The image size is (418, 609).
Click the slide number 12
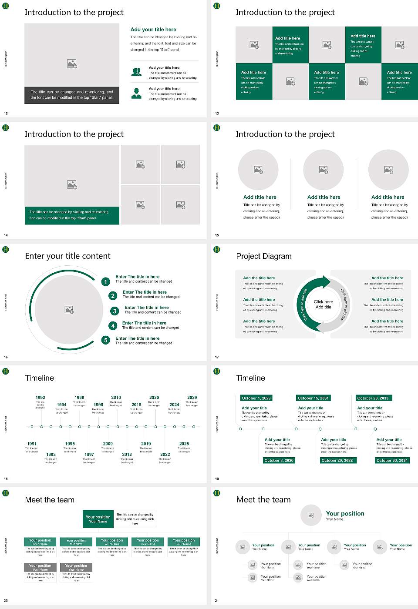6,114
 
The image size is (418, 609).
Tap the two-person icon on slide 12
136,72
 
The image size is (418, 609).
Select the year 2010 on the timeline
116,398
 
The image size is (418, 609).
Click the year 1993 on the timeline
51,454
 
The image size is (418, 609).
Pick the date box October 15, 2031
313,398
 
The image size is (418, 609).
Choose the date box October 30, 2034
392,460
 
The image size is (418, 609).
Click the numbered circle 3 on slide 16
115,311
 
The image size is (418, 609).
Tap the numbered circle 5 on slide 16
106,340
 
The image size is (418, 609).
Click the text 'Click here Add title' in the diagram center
323,304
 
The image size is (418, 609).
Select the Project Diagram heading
264,256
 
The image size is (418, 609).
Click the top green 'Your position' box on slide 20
98,519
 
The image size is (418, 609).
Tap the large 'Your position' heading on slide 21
345,514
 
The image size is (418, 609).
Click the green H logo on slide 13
217,6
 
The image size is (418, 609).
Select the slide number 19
217,479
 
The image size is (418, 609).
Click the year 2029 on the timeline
192,398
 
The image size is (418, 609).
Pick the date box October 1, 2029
256,398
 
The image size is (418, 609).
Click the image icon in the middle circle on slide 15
323,170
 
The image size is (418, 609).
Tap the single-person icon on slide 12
136,93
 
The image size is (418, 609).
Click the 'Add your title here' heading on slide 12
153,30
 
